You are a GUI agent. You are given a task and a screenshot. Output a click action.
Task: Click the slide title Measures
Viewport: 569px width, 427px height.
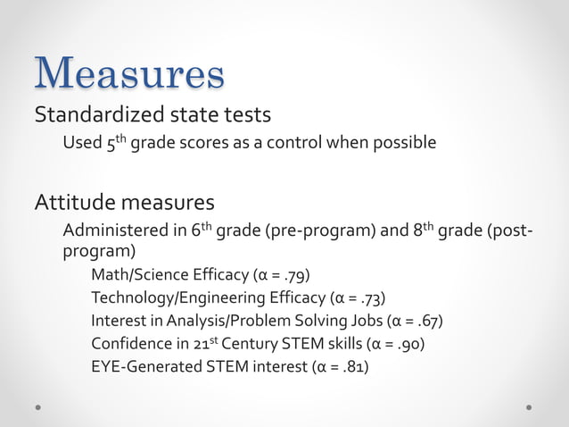tap(129, 73)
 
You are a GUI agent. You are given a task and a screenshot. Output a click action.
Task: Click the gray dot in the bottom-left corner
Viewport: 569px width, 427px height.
tap(38, 406)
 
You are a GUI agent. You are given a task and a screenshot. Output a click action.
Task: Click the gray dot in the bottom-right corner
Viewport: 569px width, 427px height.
tap(530, 406)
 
